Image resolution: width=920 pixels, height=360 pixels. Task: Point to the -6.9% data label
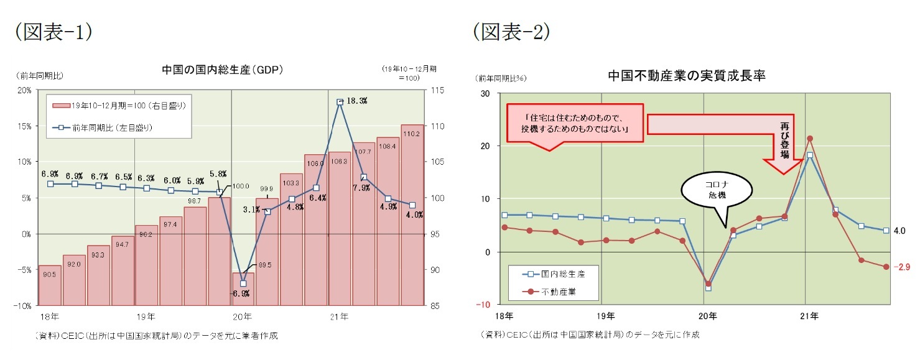pyautogui.click(x=241, y=293)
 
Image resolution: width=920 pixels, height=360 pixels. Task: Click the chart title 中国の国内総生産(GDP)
pyautogui.click(x=221, y=70)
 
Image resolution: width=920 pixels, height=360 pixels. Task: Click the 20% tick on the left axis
pyautogui.click(x=25, y=91)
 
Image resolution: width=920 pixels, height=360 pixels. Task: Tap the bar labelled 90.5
pyautogui.click(x=50, y=285)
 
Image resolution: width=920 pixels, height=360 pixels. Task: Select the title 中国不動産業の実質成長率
pyautogui.click(x=686, y=76)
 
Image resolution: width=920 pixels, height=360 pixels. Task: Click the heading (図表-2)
pyautogui.click(x=511, y=33)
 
